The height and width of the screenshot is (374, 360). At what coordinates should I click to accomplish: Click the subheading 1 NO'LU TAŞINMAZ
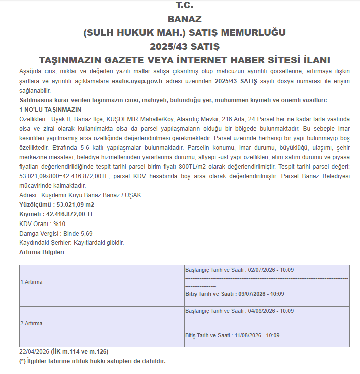tap(50, 109)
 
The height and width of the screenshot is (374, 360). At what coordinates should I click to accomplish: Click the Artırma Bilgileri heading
tap(42, 252)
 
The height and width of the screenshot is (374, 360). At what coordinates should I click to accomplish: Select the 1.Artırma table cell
tap(31, 282)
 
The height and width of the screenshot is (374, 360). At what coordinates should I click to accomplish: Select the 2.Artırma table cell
tap(31, 323)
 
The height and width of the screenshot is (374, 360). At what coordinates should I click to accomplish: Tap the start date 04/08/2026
tap(263, 311)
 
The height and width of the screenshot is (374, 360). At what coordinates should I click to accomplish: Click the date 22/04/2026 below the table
tap(33, 351)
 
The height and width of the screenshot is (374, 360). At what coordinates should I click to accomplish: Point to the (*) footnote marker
tap(22, 361)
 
